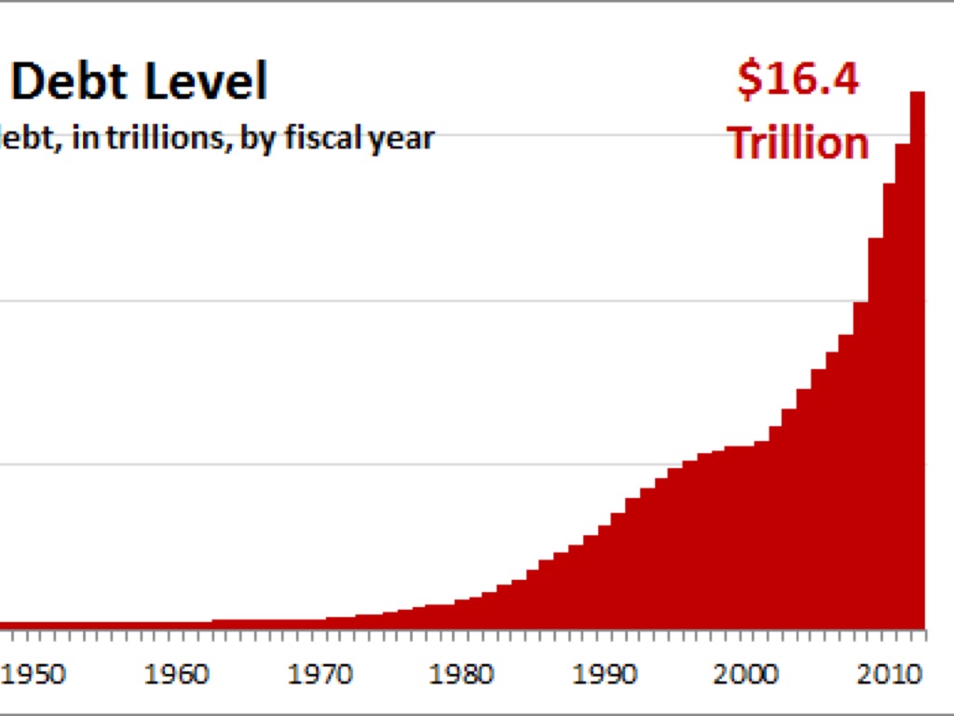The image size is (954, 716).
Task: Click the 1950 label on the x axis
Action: coord(35,673)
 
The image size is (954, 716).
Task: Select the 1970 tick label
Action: coord(320,673)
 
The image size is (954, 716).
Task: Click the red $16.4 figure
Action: coord(798,80)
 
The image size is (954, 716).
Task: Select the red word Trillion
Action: coord(798,143)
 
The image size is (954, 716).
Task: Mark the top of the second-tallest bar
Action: coord(903,145)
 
